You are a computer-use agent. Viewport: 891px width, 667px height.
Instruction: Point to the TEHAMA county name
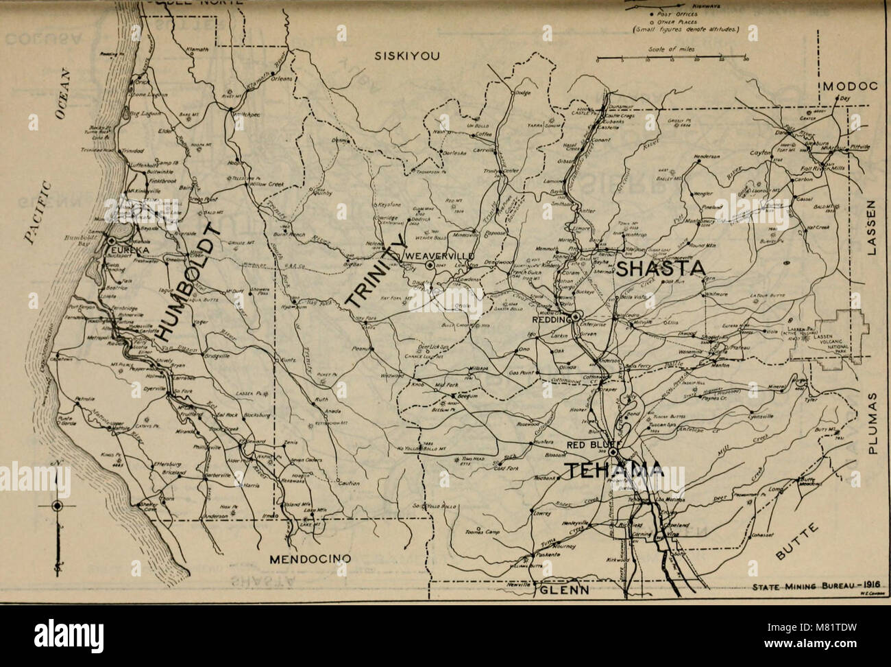[613, 471]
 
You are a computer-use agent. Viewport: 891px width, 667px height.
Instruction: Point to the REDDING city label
[552, 318]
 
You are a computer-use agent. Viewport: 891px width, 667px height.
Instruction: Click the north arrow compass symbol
[58, 506]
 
